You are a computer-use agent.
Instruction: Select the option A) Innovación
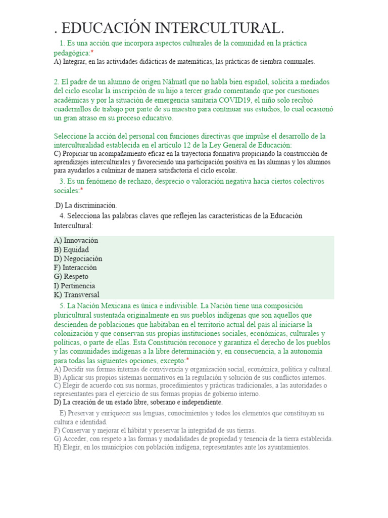click(x=76, y=240)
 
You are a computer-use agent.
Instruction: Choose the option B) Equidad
click(x=71, y=249)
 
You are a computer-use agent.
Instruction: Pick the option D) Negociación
click(x=78, y=258)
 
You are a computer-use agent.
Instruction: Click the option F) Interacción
click(x=75, y=268)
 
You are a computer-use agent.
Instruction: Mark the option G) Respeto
click(x=71, y=277)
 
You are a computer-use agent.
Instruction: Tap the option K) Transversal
click(x=76, y=295)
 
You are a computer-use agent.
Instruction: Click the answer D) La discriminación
click(x=86, y=205)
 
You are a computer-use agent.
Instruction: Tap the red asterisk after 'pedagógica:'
click(x=92, y=53)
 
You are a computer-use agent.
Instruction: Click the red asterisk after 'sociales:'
click(x=81, y=190)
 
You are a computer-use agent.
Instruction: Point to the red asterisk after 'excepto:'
click(x=188, y=360)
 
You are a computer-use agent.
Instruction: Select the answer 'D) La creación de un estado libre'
click(x=138, y=403)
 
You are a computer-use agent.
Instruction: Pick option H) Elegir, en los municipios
click(x=181, y=448)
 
